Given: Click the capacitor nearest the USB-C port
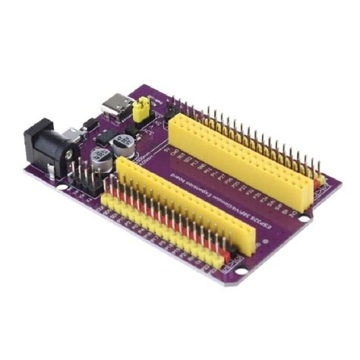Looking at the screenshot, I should coord(123,144).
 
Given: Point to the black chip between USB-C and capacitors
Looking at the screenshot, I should coord(90,123).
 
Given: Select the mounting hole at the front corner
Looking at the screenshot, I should coord(240,268).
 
